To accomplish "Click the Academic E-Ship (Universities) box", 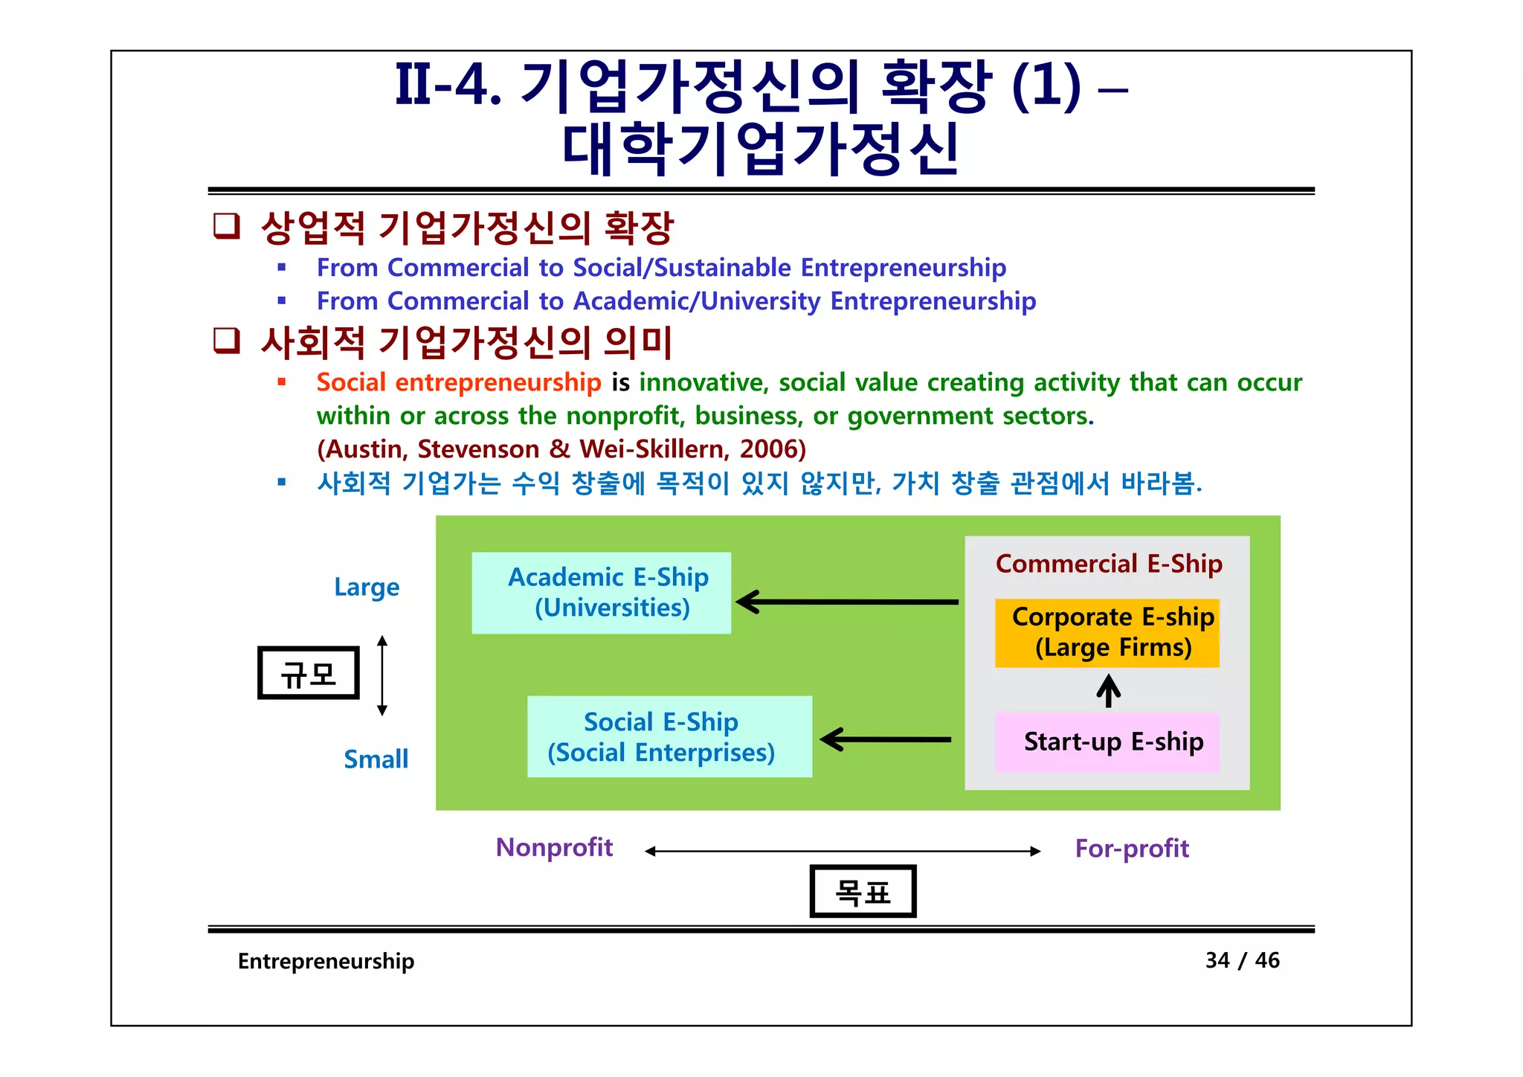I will coord(601,593).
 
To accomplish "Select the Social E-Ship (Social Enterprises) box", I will coord(669,737).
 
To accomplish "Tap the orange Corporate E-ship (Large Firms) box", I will coord(1107,633).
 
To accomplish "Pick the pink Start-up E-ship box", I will coord(1107,742).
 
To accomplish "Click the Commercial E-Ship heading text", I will coord(1109,564).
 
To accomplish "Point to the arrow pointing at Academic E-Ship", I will coord(848,602).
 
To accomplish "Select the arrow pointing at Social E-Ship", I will coord(886,739).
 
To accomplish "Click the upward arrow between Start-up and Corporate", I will coord(1108,690).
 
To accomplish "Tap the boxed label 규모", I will coord(309,673).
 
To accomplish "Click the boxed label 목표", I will coord(863,891).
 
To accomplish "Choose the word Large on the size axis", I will coord(367,588).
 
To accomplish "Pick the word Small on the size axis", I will coord(376,759).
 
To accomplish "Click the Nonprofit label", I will coord(554,848).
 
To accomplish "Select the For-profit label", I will coord(1132,849).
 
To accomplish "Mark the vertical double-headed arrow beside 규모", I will coord(382,675).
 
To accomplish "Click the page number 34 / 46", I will coord(1242,960).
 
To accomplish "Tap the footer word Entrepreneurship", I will coord(326,961).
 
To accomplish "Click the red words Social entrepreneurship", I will coord(458,382).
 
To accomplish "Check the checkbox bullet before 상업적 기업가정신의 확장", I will coord(227,225).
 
